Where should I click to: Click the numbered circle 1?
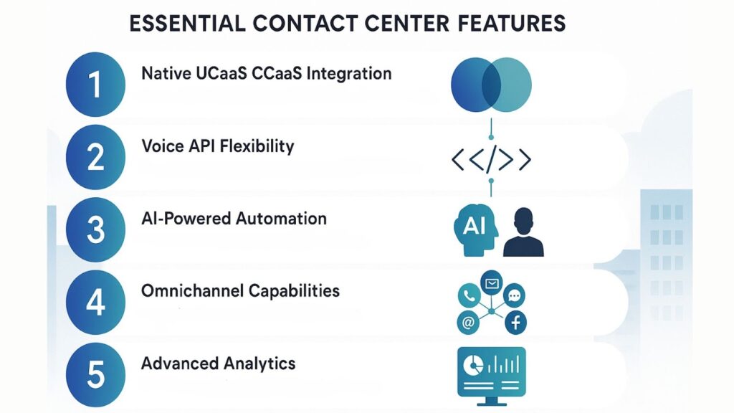tap(95, 85)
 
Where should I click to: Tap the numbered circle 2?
tap(95, 157)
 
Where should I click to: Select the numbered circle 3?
tap(95, 229)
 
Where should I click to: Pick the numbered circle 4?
tap(95, 303)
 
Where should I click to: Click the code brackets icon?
tap(491, 160)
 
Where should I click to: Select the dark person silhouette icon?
tap(523, 232)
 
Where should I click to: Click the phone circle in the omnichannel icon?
tap(469, 294)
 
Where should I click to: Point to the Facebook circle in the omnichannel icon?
tap(515, 323)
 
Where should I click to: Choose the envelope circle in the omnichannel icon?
tap(492, 283)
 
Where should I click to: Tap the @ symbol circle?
tap(468, 323)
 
